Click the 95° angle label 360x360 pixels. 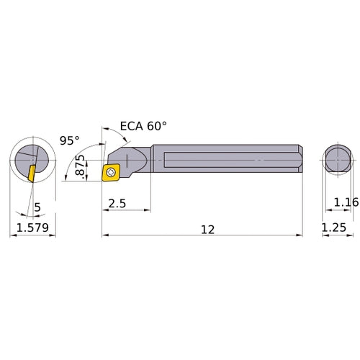pos(69,141)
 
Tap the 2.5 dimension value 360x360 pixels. pos(117,204)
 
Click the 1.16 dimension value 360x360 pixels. pos(347,204)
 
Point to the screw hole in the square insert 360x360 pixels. pos(112,171)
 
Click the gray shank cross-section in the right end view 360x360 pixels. pos(338,159)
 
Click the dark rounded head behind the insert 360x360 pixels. pos(132,159)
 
